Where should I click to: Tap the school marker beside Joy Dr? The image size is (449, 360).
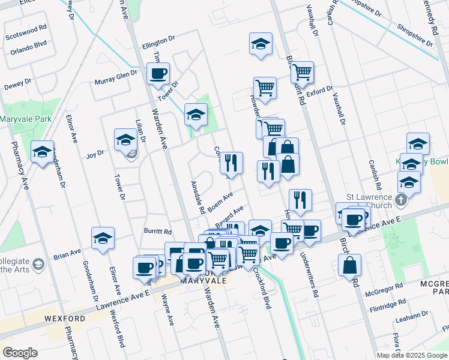[x=125, y=140]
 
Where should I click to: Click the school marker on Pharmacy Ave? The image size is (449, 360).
[x=43, y=153]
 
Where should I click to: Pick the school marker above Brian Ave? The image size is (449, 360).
[x=103, y=238]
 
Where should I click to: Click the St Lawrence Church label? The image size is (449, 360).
[x=369, y=201]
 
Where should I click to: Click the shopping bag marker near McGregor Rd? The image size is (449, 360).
[x=349, y=265]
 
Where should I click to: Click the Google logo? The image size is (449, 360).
[x=20, y=353]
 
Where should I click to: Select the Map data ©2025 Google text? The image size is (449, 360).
[x=412, y=355]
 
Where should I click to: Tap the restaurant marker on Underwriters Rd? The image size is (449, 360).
[x=300, y=200]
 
